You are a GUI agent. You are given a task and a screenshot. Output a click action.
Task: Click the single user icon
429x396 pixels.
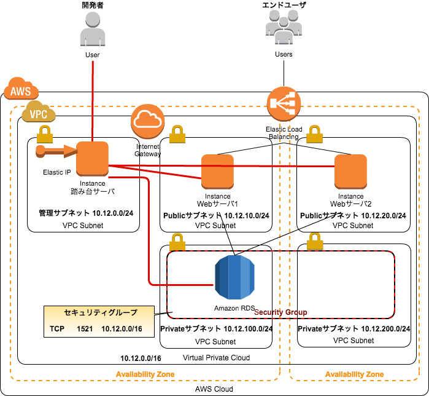tap(93, 28)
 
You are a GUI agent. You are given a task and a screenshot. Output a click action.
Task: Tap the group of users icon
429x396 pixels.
tap(284, 27)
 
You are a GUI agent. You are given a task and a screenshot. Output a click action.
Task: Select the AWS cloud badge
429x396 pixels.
tap(21, 90)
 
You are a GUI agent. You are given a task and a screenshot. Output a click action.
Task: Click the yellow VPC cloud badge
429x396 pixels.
tap(39, 113)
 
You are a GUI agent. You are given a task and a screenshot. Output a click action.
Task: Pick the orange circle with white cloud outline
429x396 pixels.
tap(147, 121)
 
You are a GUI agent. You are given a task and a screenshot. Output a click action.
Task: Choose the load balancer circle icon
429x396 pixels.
tap(284, 103)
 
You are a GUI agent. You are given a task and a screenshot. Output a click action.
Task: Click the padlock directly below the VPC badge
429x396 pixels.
tap(45, 134)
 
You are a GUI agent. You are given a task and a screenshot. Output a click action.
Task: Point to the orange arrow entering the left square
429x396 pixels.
tap(57, 151)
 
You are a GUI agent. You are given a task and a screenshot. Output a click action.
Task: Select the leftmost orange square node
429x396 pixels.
tap(92, 159)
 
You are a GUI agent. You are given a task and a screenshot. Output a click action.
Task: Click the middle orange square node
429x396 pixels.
tap(217, 171)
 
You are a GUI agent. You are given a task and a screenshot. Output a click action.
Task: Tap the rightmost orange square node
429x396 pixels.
tap(350, 171)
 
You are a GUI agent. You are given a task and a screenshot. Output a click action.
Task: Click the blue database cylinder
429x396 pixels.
tap(234, 277)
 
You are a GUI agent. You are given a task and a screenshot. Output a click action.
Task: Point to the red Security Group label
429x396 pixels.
tap(280, 312)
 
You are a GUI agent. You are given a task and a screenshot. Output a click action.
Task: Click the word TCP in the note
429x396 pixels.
tap(57, 329)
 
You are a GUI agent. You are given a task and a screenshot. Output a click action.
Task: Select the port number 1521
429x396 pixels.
tap(85, 329)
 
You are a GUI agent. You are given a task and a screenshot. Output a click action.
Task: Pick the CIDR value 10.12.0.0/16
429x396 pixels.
tap(122, 329)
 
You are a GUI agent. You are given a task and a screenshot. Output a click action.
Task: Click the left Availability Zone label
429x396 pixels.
tap(145, 374)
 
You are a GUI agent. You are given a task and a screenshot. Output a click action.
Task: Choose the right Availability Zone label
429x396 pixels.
tap(354, 374)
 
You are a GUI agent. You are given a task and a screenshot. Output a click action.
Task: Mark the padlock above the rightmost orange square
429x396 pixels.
tap(315, 134)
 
